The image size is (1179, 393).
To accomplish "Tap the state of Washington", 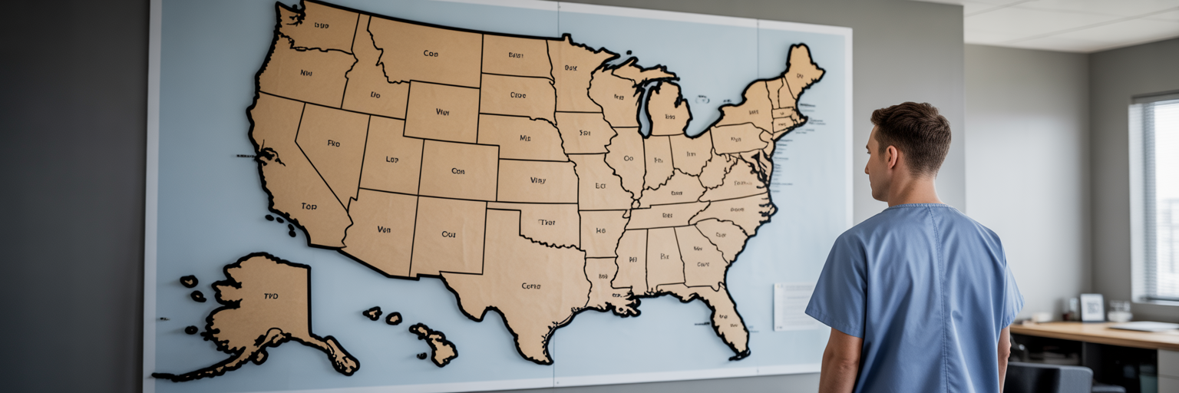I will (x=315, y=27).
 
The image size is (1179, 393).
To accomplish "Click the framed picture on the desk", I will (x=1091, y=307).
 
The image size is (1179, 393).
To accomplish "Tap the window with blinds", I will (x=1155, y=200).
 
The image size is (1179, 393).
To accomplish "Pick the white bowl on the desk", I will (x=1119, y=315).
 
